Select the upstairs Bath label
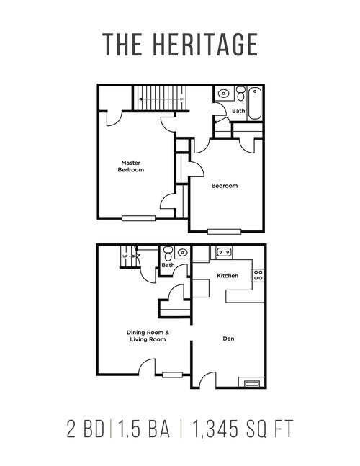pyautogui.click(x=238, y=111)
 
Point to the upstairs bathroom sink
pyautogui.click(x=223, y=93)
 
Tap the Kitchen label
pyautogui.click(x=228, y=277)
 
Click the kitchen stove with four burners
pyautogui.click(x=257, y=274)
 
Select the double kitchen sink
pyautogui.click(x=224, y=252)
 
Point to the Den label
pyautogui.click(x=228, y=338)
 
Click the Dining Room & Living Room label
pyautogui.click(x=148, y=335)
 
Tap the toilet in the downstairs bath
pyautogui.click(x=168, y=253)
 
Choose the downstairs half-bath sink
pyautogui.click(x=183, y=253)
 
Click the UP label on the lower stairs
pyautogui.click(x=125, y=256)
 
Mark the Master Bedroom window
pyautogui.click(x=138, y=218)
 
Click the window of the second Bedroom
pyautogui.click(x=223, y=231)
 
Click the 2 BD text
pyautogui.click(x=86, y=430)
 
